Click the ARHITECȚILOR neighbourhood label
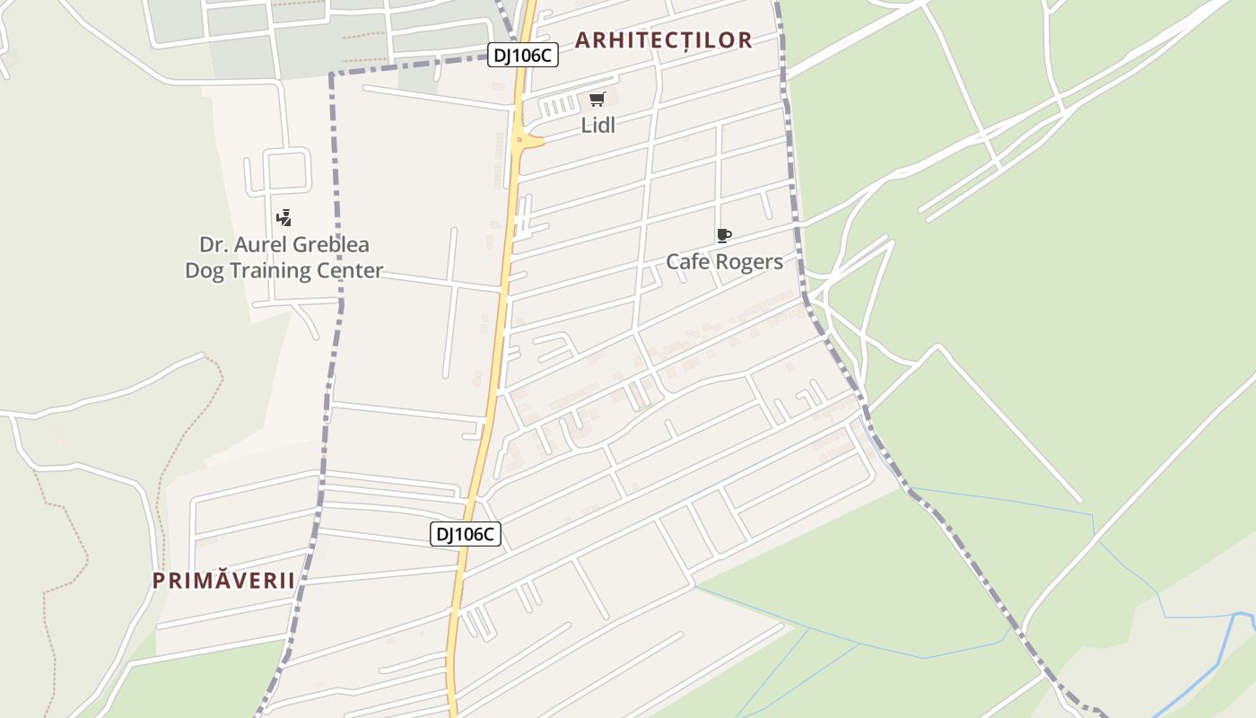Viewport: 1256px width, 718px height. click(663, 40)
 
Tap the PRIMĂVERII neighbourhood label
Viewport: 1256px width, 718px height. click(223, 580)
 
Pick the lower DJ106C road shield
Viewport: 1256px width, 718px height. click(465, 534)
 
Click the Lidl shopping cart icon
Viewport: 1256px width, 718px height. click(597, 99)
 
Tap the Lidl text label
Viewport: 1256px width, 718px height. click(598, 126)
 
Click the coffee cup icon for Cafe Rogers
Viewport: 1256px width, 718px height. click(724, 236)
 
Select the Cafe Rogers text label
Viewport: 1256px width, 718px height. click(724, 262)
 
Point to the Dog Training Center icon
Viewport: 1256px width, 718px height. click(284, 217)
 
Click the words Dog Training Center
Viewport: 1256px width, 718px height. click(283, 270)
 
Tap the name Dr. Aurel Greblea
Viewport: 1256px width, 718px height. click(283, 245)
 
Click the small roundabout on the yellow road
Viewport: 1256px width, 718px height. click(519, 140)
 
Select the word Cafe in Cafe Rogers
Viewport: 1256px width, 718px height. click(685, 262)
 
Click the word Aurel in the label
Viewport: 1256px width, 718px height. click(260, 245)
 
